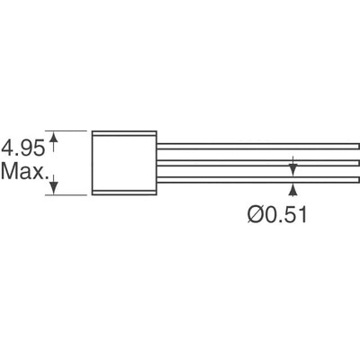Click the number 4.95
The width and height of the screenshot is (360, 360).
[x=23, y=146]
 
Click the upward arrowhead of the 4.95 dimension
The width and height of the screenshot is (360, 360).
[x=56, y=136]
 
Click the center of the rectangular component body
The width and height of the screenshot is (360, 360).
[x=123, y=162]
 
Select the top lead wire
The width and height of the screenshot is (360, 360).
[x=256, y=143]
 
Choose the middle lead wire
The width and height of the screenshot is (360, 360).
[x=256, y=162]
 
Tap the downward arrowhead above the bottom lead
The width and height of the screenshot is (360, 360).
[x=292, y=169]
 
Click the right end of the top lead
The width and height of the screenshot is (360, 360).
[x=356, y=143]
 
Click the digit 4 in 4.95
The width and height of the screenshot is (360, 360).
[x=7, y=146]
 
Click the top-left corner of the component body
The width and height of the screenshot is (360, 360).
[x=91, y=130]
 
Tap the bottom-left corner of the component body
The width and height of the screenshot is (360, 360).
[x=91, y=194]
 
